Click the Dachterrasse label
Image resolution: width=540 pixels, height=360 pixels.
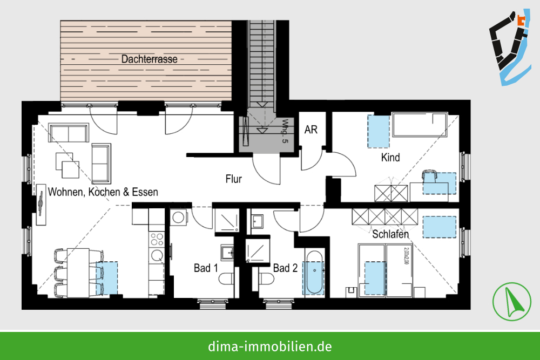point(150,59)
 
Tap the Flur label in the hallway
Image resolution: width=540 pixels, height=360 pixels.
point(233,179)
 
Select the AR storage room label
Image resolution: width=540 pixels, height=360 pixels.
point(311,130)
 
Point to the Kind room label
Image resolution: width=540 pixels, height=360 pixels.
point(390,157)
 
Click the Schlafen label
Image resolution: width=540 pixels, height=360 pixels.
point(390,234)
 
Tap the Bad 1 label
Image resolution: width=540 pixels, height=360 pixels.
point(206,268)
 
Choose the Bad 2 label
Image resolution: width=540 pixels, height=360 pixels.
point(285,268)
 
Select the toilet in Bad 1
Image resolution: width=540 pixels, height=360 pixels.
point(227,279)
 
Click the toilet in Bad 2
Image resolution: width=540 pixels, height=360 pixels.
point(267,279)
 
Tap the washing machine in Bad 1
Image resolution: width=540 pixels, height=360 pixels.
point(179,218)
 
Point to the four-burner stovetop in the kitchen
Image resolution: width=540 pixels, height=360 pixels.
point(157,239)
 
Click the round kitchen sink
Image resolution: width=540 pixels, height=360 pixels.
point(157,256)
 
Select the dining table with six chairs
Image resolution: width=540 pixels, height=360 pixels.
point(78,273)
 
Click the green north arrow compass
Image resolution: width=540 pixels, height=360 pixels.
point(511,302)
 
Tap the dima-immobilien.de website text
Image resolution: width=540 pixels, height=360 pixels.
point(270,346)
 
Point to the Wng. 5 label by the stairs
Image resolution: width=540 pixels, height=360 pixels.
point(285,131)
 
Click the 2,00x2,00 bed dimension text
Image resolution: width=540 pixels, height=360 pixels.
point(407,256)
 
